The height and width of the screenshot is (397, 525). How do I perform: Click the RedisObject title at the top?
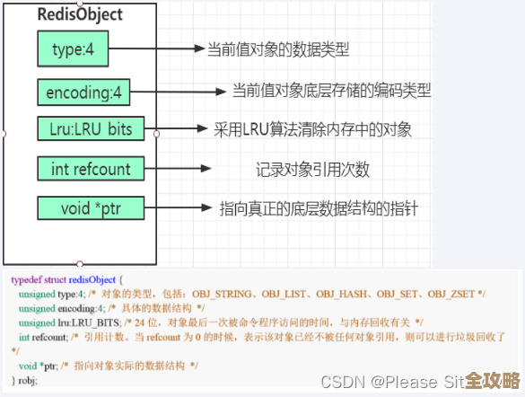coord(80,15)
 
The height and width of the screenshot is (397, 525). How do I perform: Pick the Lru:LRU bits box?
coord(91,129)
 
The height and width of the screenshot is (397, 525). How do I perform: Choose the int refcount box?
coord(91,168)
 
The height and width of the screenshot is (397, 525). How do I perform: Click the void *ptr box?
coord(91,208)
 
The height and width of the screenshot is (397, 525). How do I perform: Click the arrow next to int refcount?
coord(178,168)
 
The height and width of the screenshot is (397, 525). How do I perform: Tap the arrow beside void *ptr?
coord(178,208)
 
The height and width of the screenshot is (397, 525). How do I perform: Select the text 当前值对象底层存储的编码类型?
coord(331,91)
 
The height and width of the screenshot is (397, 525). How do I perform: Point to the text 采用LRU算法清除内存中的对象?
coord(311,129)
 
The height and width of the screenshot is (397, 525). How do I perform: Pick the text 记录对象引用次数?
coord(312,169)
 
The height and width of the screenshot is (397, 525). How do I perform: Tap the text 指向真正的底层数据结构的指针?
coord(319,208)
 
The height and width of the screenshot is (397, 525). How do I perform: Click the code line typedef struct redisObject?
coord(67,279)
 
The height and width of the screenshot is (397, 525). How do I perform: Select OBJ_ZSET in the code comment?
coord(451,294)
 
